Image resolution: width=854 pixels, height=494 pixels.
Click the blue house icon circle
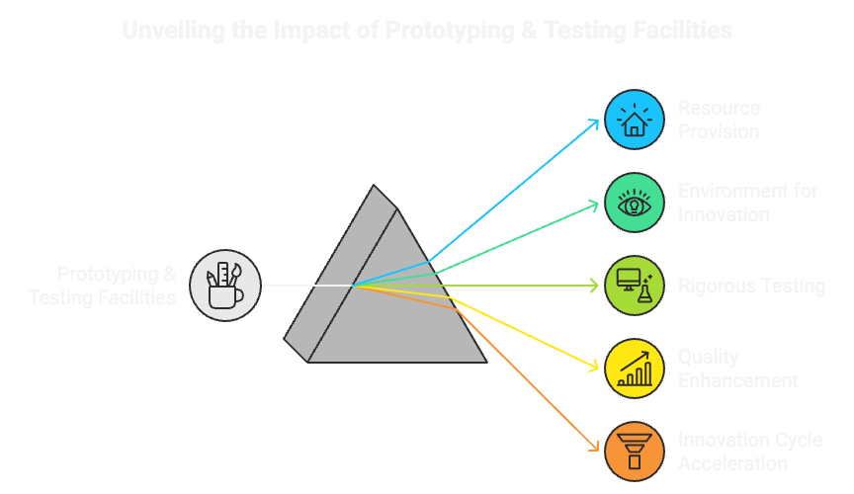point(634,120)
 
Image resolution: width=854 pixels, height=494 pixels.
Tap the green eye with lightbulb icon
point(634,204)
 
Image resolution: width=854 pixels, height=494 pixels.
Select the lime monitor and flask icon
point(634,286)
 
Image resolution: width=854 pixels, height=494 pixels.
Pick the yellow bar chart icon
point(634,368)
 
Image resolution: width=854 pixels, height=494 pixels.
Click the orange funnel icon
point(634,451)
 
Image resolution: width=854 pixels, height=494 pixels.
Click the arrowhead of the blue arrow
point(596,122)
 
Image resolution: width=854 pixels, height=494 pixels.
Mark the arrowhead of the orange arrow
point(596,450)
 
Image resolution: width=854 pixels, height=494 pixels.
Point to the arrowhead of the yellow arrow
point(596,368)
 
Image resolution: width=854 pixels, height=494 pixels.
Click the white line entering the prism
point(306,286)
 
